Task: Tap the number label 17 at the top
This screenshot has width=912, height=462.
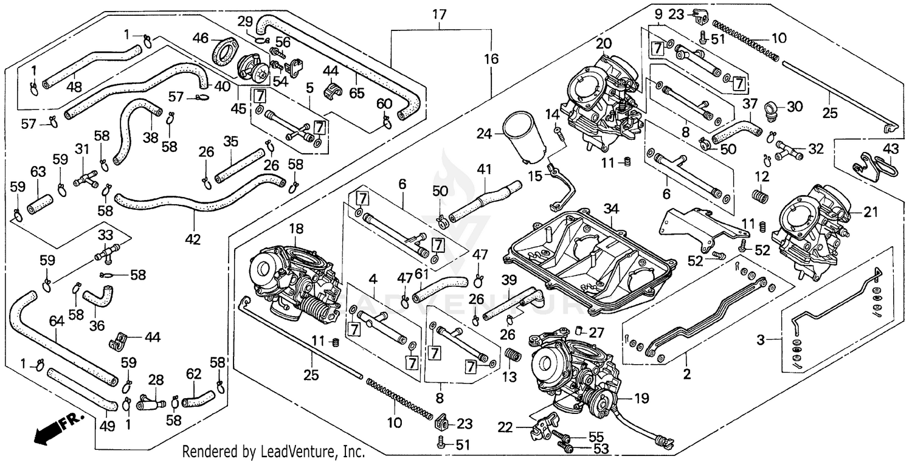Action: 439,14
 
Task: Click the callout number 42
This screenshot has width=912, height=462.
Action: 192,240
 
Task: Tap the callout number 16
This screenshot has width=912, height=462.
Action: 491,59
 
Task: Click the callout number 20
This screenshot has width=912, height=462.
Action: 603,43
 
